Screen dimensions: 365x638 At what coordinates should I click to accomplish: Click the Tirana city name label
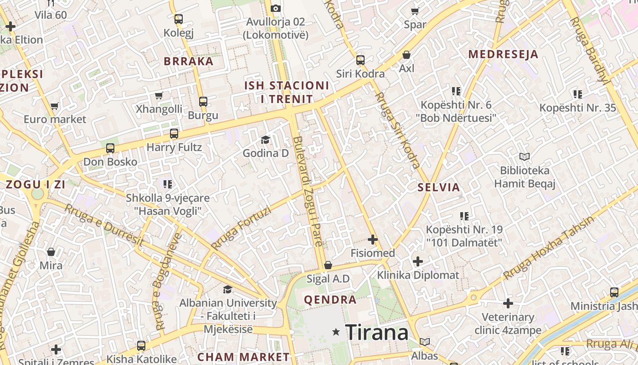(376, 333)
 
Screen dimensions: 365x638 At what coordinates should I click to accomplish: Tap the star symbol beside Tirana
(336, 332)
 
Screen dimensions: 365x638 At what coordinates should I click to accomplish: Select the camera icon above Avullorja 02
(275, 8)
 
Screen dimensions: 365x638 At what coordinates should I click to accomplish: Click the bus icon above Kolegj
(179, 19)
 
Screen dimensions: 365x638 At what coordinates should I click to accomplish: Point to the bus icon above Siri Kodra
(360, 60)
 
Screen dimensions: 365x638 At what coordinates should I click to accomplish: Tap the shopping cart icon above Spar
(415, 11)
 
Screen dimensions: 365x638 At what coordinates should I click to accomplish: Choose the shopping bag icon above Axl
(406, 55)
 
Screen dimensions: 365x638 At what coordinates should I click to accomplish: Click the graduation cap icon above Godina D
(265, 140)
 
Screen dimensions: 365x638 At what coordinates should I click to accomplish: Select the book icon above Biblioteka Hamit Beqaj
(525, 157)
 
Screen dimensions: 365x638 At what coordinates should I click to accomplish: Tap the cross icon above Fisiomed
(373, 239)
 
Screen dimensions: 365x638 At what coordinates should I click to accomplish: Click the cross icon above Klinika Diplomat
(418, 261)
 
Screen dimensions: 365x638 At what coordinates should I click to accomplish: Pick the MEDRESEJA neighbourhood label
(503, 54)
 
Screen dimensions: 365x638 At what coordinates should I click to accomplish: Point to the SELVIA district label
(439, 187)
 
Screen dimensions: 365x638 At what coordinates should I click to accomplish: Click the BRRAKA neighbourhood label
(188, 61)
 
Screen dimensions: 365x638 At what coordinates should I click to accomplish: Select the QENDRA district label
(330, 300)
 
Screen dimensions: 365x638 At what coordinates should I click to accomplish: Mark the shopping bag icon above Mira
(51, 252)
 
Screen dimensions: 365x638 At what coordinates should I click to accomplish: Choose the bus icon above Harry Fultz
(174, 134)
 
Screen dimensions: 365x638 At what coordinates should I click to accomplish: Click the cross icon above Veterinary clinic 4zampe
(508, 303)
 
